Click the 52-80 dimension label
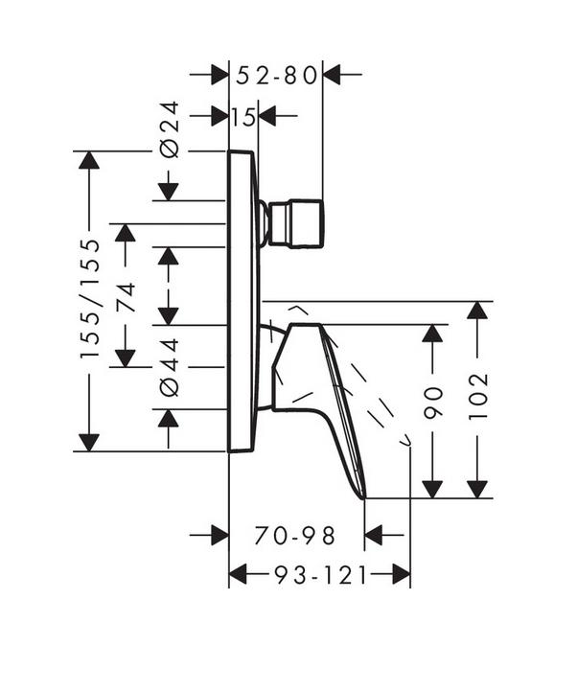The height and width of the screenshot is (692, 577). (277, 76)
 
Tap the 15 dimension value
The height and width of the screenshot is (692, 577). (243, 117)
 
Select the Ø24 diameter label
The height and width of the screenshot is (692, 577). (170, 129)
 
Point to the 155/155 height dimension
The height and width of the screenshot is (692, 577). (90, 299)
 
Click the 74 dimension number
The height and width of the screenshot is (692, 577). (126, 297)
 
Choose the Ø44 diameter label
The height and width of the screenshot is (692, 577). (170, 367)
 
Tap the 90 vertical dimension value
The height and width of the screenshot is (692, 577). (432, 402)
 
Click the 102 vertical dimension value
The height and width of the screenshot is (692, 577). (477, 397)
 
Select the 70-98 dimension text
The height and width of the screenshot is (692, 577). (294, 536)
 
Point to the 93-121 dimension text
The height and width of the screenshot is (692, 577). (321, 575)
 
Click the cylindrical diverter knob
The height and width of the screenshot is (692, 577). (296, 223)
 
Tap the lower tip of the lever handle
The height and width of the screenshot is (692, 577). (364, 498)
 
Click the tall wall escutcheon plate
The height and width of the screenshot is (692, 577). (242, 301)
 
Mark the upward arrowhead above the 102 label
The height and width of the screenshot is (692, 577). (477, 311)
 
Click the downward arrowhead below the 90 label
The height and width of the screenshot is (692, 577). (432, 490)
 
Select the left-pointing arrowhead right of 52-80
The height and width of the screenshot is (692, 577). (332, 74)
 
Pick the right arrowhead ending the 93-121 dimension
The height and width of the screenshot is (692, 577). (402, 575)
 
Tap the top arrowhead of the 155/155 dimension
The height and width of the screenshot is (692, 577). (89, 160)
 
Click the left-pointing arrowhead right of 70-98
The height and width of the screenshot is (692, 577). (374, 536)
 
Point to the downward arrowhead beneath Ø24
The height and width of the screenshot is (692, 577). (169, 192)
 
